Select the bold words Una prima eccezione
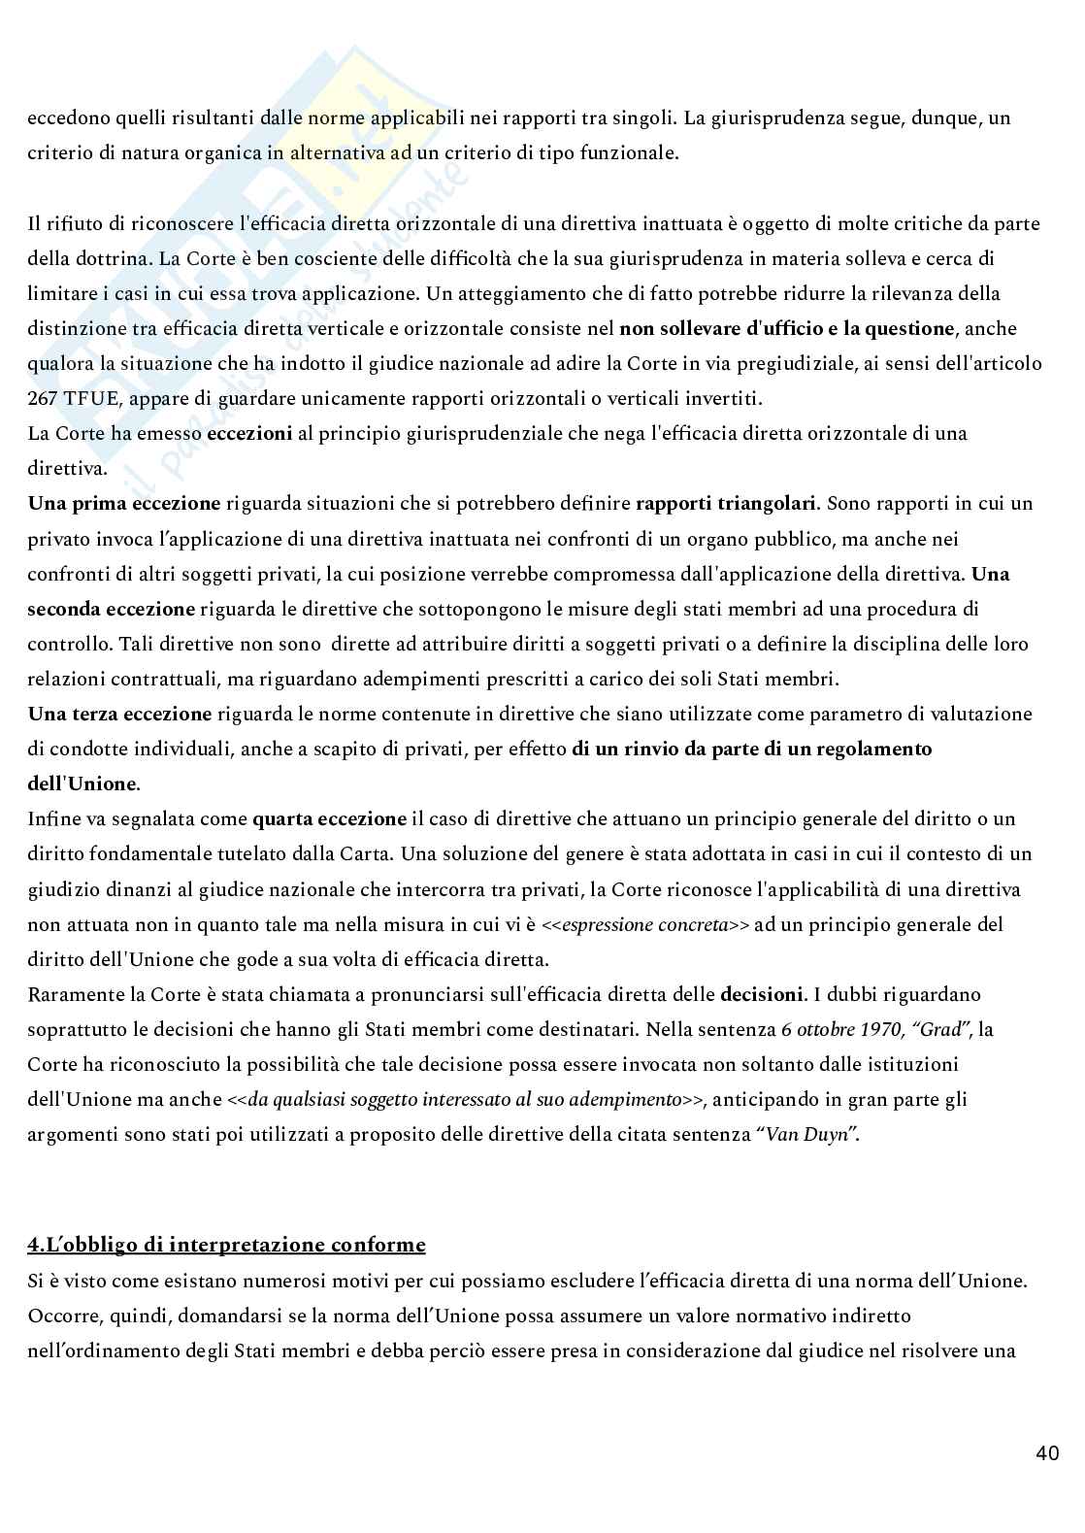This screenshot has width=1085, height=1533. point(124,503)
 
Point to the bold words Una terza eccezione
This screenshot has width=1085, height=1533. point(119,714)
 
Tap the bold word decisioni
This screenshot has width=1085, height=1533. point(762,994)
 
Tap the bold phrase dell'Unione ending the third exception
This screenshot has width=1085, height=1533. point(82,783)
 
